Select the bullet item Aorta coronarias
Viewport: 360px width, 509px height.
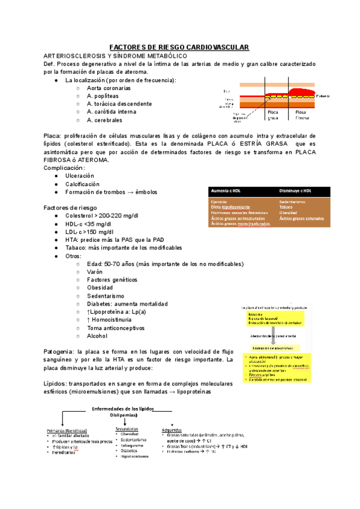(108, 88)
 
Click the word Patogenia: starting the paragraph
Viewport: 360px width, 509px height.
(59, 351)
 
